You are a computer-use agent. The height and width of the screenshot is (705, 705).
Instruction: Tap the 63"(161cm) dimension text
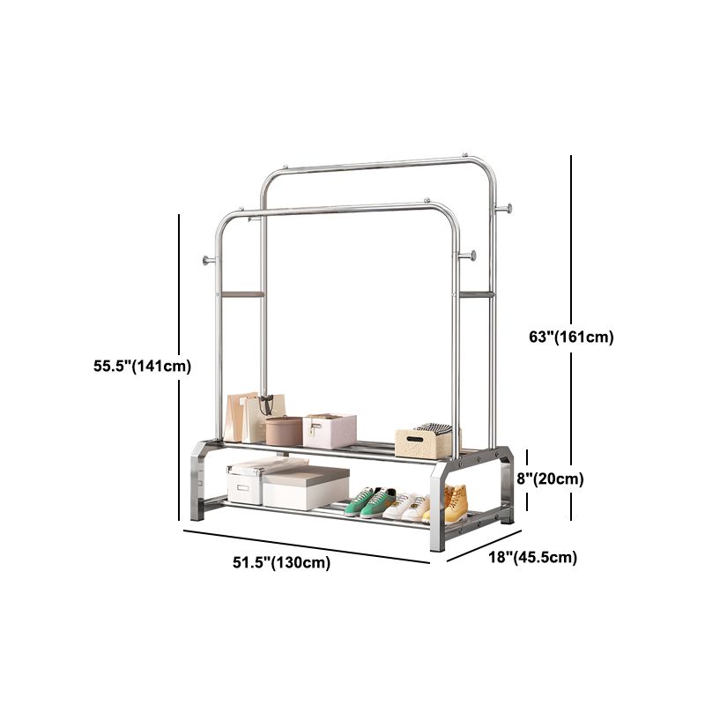click(x=571, y=337)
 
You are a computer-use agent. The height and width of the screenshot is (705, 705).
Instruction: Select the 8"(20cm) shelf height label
click(x=552, y=479)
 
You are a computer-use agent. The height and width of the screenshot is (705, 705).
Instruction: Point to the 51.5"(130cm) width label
click(x=276, y=563)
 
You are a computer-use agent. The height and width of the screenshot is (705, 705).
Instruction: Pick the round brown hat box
click(x=284, y=431)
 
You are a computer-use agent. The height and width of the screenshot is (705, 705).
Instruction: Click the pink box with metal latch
click(x=330, y=430)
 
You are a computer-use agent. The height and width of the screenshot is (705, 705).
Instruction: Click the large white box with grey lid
click(x=305, y=487)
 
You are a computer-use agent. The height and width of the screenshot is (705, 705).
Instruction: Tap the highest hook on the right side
click(x=504, y=208)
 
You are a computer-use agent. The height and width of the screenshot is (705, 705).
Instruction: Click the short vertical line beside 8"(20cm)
click(x=528, y=480)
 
